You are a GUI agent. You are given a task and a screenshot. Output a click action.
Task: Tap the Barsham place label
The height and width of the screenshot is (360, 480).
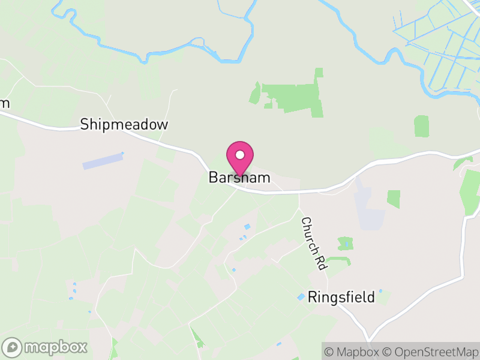(x=239, y=178)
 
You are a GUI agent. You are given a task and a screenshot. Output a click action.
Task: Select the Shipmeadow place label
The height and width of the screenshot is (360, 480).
(x=125, y=125)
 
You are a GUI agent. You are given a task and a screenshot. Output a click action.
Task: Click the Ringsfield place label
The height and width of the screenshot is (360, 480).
(x=341, y=297)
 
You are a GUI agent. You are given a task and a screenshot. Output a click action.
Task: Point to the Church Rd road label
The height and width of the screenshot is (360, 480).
(x=313, y=244)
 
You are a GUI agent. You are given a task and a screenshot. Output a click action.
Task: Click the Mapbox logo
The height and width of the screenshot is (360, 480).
(x=46, y=347)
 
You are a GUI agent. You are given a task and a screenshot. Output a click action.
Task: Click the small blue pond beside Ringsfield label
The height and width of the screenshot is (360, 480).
(x=301, y=297)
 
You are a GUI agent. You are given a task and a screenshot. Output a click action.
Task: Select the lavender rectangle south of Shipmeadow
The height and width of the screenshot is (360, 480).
(x=103, y=161)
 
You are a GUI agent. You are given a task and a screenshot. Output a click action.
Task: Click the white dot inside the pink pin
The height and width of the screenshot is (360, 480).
(x=240, y=155)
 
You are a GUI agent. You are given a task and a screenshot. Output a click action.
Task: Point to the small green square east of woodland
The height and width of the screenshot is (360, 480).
(x=422, y=126)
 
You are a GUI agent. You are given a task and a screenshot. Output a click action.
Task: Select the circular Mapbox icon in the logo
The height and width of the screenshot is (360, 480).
(x=13, y=347)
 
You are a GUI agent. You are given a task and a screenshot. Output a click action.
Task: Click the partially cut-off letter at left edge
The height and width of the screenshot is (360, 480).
(x=4, y=103)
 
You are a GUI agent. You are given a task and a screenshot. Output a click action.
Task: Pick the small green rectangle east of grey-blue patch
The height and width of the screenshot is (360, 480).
(x=394, y=199)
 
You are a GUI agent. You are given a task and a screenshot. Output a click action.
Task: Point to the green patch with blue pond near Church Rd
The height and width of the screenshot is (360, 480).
(x=345, y=243)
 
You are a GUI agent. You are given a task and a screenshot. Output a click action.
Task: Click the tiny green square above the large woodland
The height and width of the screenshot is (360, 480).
(x=319, y=73)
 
